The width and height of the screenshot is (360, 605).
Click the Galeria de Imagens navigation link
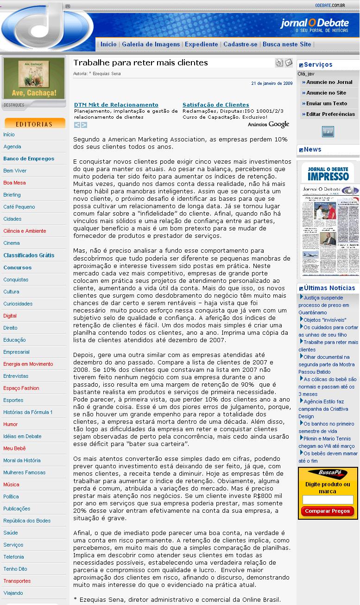151,45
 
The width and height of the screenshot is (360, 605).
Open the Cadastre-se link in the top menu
240,45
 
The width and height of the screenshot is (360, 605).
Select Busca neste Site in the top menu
287,45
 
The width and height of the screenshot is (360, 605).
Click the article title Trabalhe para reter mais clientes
140,63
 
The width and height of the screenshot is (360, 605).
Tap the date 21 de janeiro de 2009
272,84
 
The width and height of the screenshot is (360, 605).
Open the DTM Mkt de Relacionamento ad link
116,105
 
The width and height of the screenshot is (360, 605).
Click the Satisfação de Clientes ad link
215,105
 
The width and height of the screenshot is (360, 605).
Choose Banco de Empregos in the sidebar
29,159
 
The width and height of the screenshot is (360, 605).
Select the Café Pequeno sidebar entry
19,207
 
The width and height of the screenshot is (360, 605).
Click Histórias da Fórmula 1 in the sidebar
28,412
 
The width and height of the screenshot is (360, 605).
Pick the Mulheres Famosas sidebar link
25,472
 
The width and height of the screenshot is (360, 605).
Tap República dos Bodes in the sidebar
27,521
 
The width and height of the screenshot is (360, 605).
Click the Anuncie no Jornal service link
329,82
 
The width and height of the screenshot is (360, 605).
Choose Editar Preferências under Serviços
330,114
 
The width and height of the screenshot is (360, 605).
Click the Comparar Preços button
328,511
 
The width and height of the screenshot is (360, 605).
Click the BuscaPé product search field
328,500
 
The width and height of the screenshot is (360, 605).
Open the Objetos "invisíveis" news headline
325,320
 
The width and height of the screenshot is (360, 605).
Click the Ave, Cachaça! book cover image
34,78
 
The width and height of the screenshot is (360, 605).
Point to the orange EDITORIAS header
35,124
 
